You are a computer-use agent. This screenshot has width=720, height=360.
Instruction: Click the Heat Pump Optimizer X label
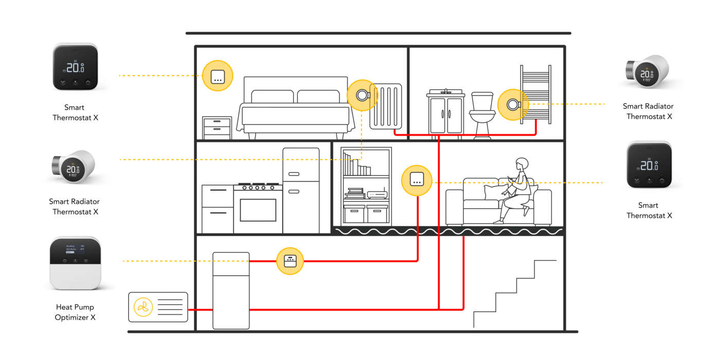click(x=75, y=312)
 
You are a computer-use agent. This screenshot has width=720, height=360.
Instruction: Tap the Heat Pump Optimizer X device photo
click(x=75, y=263)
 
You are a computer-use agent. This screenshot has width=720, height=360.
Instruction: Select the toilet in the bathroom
click(x=482, y=116)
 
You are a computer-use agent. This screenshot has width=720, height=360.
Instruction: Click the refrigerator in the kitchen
click(x=301, y=190)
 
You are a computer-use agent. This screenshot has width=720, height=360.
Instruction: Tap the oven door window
click(x=258, y=210)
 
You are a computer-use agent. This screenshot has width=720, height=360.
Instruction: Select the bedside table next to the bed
click(x=217, y=128)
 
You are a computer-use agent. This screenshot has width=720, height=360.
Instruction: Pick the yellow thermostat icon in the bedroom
click(x=218, y=76)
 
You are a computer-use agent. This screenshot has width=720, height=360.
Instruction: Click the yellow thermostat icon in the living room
click(x=416, y=181)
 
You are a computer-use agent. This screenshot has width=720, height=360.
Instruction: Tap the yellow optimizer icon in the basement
click(x=290, y=261)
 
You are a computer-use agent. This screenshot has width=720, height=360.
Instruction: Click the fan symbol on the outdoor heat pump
click(x=143, y=308)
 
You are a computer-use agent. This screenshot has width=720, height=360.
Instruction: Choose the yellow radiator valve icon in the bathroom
click(x=513, y=104)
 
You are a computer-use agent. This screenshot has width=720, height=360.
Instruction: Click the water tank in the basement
click(x=231, y=291)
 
